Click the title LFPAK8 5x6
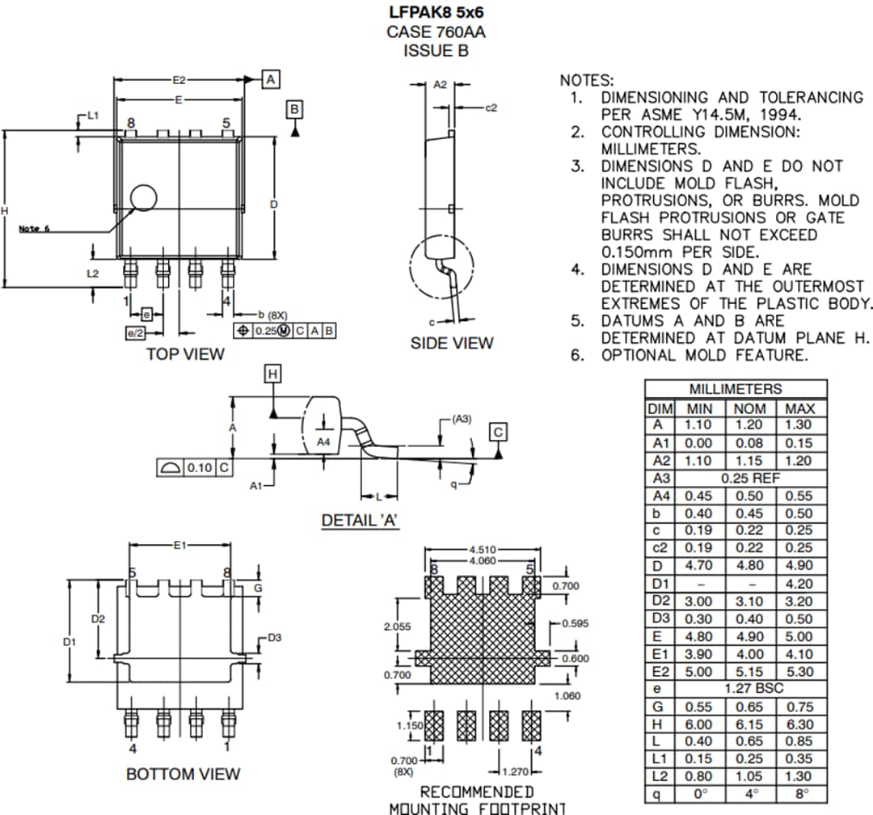tap(436, 14)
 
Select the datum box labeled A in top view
tap(271, 79)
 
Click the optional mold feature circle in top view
tap(144, 199)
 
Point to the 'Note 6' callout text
tap(34, 229)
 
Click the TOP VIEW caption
tap(185, 354)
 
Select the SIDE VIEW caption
tap(451, 343)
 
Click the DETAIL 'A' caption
tap(361, 520)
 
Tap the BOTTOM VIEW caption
tap(183, 774)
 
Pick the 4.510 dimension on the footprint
tap(483, 551)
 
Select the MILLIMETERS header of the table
tap(736, 389)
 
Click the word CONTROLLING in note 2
tap(652, 132)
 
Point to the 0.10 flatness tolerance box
tap(198, 467)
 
